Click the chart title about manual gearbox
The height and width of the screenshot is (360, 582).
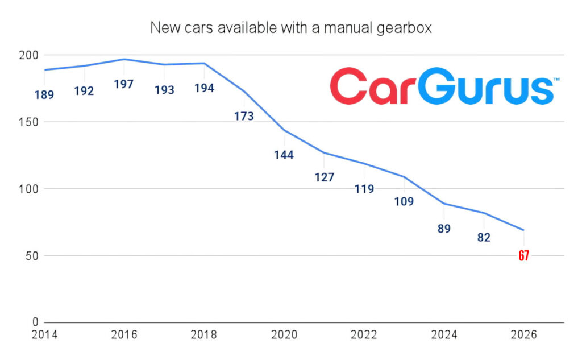290,28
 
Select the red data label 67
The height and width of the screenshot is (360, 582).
523,256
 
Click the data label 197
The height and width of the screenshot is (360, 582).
124,84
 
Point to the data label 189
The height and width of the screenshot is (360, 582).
44,95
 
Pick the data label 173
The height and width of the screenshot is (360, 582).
244,116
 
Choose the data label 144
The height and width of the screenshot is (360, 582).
284,155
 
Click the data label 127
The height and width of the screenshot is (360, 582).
324,177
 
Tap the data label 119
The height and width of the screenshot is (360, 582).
364,189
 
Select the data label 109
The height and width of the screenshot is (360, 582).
404,201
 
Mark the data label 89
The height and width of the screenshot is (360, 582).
444,229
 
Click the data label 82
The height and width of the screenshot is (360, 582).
484,238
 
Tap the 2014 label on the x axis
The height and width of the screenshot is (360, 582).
44,336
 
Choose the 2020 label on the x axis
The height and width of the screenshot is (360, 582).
284,336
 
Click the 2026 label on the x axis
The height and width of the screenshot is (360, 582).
523,336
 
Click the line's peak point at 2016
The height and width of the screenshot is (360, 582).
124,59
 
